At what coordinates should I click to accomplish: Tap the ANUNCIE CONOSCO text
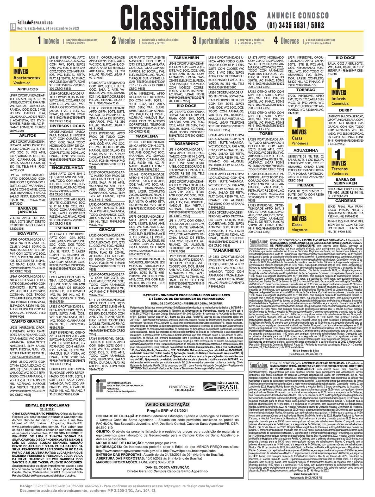pos(298,15)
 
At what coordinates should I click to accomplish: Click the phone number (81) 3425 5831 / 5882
pos(295,25)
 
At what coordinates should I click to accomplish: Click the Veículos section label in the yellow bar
pos(127,41)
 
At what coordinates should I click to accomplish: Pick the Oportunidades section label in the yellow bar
pos(214,41)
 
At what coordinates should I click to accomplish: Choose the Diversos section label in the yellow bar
pos(290,41)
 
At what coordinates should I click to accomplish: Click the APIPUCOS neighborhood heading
pos(28,89)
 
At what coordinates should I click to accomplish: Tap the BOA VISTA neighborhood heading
pos(28,234)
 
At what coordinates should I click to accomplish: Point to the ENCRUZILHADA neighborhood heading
pos(67,168)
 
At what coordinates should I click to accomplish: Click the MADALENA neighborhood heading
pos(147,136)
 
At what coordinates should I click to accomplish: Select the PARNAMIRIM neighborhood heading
pos(186,58)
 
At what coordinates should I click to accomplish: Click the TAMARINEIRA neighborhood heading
pos(226,250)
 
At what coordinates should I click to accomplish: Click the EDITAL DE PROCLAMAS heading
pos(47,405)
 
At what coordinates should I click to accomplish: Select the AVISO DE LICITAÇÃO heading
pos(167,404)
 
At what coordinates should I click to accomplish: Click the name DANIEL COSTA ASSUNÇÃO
pos(167,467)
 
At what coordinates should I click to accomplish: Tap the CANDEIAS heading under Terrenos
pos(345,201)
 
